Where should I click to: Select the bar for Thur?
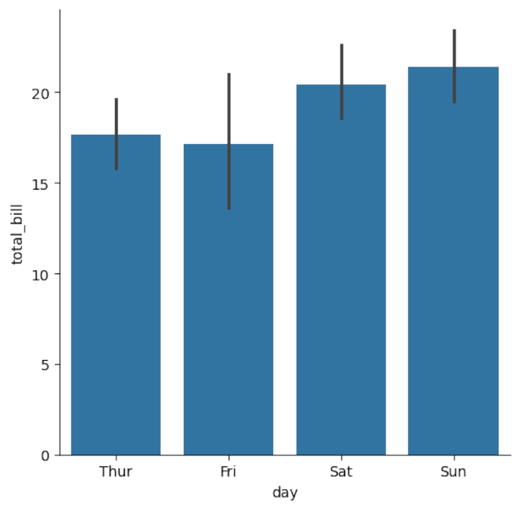point(116,297)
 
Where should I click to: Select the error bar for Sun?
point(454,66)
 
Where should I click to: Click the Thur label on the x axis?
point(116,472)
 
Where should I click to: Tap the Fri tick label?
point(228,472)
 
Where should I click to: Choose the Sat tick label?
point(341,472)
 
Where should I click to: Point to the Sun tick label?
point(453,472)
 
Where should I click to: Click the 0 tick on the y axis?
point(45,455)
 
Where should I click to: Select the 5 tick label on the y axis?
point(45,365)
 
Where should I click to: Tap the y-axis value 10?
point(42,274)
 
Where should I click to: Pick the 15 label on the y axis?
point(42,183)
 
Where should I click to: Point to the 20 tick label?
point(42,92)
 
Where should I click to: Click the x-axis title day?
point(284,493)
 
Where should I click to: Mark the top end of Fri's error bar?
point(229,74)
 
